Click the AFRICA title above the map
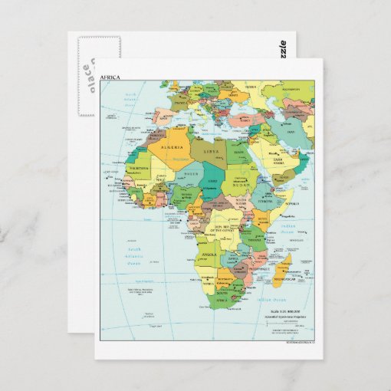pyautogui.click(x=110, y=77)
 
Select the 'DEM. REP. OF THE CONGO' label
pyautogui.click(x=230, y=230)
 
